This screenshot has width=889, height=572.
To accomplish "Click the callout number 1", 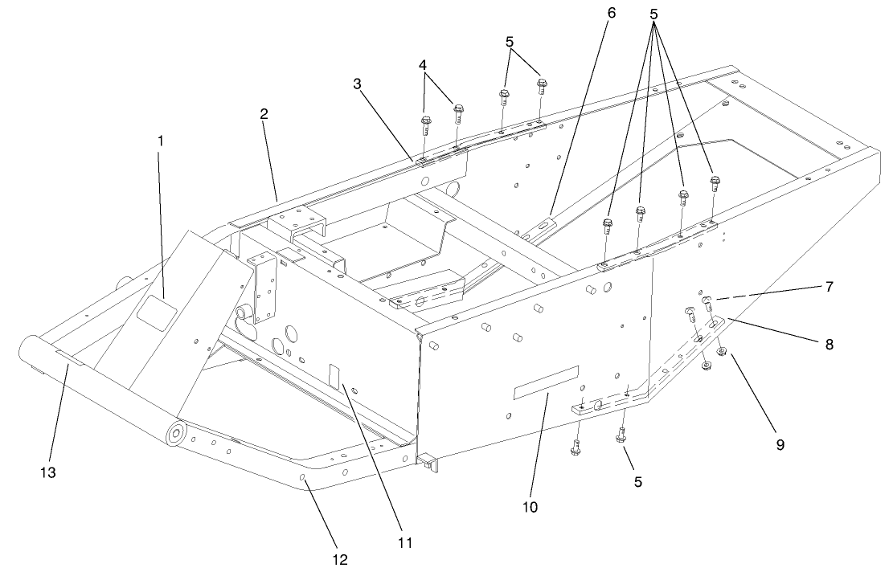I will [x=160, y=141].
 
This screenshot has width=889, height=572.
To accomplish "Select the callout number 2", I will [x=264, y=113].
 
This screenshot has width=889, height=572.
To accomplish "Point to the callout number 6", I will [x=611, y=14].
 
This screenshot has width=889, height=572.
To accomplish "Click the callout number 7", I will [x=829, y=286].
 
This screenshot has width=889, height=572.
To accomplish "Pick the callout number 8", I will [x=829, y=345].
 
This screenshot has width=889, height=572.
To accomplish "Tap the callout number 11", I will [x=404, y=542].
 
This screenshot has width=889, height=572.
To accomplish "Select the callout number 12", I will [x=341, y=559].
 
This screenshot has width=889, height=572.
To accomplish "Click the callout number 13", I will [x=48, y=473].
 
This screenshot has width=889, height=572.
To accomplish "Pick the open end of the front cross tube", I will [x=30, y=354].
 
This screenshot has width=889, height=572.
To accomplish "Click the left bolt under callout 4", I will [x=425, y=125].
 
